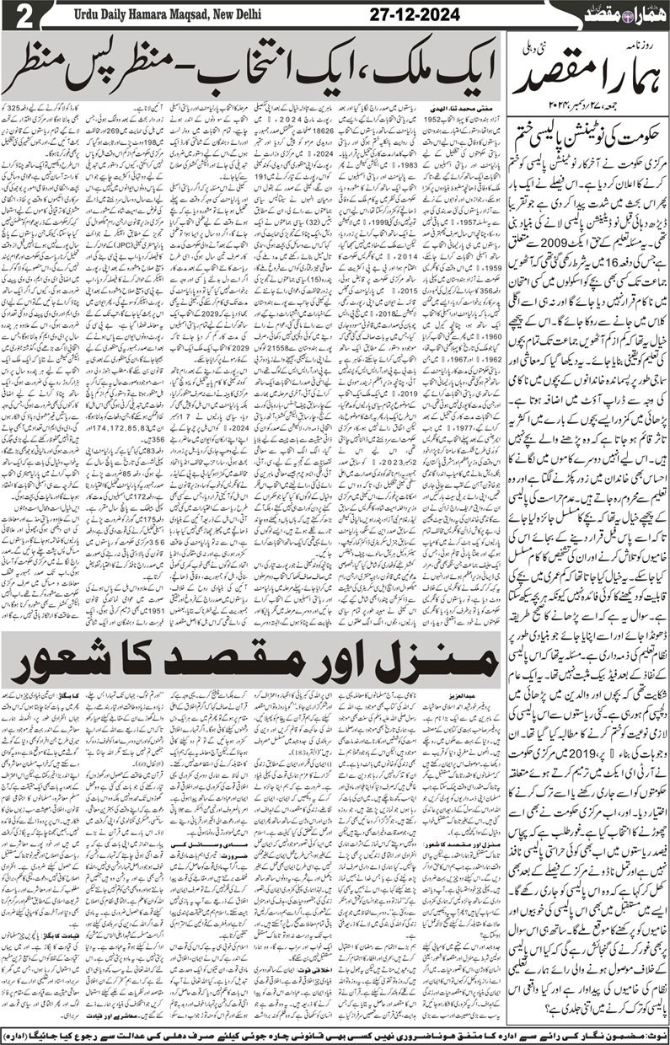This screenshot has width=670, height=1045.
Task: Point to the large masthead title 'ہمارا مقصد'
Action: (590, 80)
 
